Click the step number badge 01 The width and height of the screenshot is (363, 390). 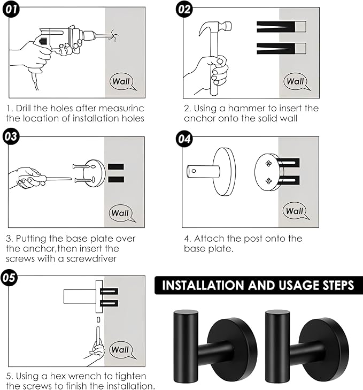click(11, 10)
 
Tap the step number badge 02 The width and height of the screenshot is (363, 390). click(184, 10)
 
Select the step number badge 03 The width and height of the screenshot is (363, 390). click(11, 136)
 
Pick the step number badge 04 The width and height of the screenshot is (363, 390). click(184, 139)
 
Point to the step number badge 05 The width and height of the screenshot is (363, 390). click(9, 277)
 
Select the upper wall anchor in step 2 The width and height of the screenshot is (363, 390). click(281, 27)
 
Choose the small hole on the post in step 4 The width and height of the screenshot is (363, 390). click(194, 171)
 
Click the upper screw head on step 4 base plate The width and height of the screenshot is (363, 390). click(268, 163)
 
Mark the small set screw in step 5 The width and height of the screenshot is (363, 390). click(98, 319)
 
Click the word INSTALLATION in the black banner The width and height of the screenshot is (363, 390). click(203, 285)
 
